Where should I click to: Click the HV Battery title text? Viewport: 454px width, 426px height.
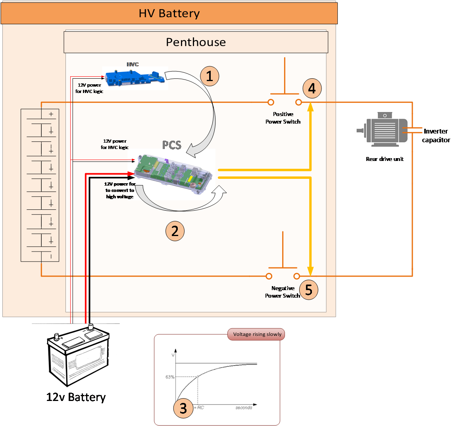tap(169, 14)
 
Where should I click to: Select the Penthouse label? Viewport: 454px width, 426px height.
tap(196, 42)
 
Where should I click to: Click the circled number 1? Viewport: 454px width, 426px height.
tap(210, 75)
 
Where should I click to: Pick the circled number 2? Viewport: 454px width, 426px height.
tap(175, 230)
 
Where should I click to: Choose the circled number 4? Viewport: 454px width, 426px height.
tap(312, 88)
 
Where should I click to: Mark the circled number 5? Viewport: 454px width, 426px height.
tap(309, 290)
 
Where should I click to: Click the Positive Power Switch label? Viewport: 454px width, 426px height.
tap(283, 118)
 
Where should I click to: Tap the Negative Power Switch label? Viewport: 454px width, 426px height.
tap(283, 292)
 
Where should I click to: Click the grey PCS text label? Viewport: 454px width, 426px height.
tap(172, 145)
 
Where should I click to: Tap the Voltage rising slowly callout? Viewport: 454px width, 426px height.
tap(257, 334)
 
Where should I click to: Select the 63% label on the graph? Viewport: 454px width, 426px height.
tap(170, 377)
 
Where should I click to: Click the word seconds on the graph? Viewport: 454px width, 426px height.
tap(244, 408)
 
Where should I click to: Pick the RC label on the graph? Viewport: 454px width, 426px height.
tap(200, 408)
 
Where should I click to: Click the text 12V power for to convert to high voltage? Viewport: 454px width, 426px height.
tap(120, 190)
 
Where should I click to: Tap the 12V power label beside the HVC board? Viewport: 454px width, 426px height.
tap(89, 88)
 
